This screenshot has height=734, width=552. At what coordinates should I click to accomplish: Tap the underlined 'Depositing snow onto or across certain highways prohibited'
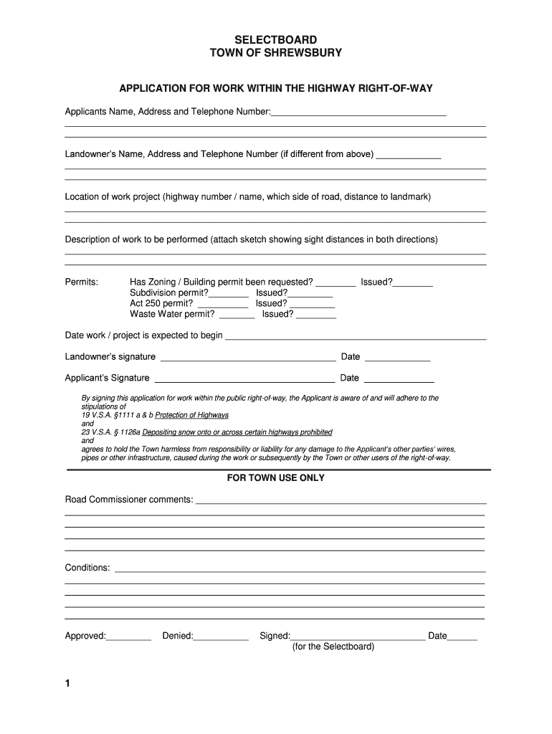[x=237, y=432]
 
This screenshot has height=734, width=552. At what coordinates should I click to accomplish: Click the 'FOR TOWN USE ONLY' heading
[x=276, y=478]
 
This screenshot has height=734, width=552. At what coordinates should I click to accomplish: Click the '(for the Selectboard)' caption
[x=333, y=647]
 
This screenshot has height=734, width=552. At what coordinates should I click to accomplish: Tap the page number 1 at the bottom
[x=68, y=684]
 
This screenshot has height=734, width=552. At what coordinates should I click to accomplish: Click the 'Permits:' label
[x=82, y=282]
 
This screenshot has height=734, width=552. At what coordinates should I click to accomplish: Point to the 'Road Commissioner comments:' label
[x=129, y=499]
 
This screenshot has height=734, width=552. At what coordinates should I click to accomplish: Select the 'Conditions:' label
[x=87, y=568]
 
